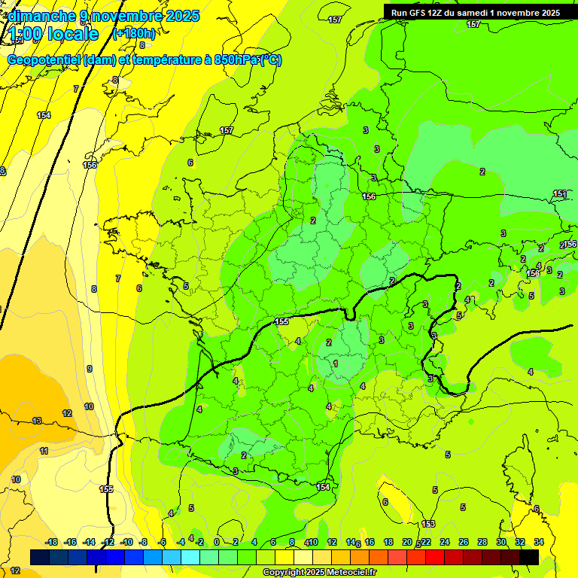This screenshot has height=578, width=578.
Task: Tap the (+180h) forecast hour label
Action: pos(133,34)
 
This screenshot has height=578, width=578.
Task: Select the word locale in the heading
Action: pos(73,34)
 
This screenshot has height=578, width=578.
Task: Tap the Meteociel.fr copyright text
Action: pos(319,573)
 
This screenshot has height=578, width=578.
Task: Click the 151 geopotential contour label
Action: pos(560,194)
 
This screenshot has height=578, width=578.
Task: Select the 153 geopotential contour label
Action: pos(428,524)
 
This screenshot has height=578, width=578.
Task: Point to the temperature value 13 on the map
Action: pos(37,421)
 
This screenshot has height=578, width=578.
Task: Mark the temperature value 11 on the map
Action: pos(44,451)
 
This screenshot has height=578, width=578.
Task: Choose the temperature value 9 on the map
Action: pos(90,369)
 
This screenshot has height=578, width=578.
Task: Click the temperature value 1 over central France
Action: pos(335,364)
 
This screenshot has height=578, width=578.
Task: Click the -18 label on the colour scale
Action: pos(52,542)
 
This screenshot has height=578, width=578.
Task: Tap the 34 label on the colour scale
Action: pos(539,542)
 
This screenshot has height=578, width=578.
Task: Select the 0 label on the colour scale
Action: pos(217,542)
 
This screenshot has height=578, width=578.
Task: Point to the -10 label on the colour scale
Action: pos(127,542)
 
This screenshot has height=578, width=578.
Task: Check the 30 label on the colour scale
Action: pos(501,542)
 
